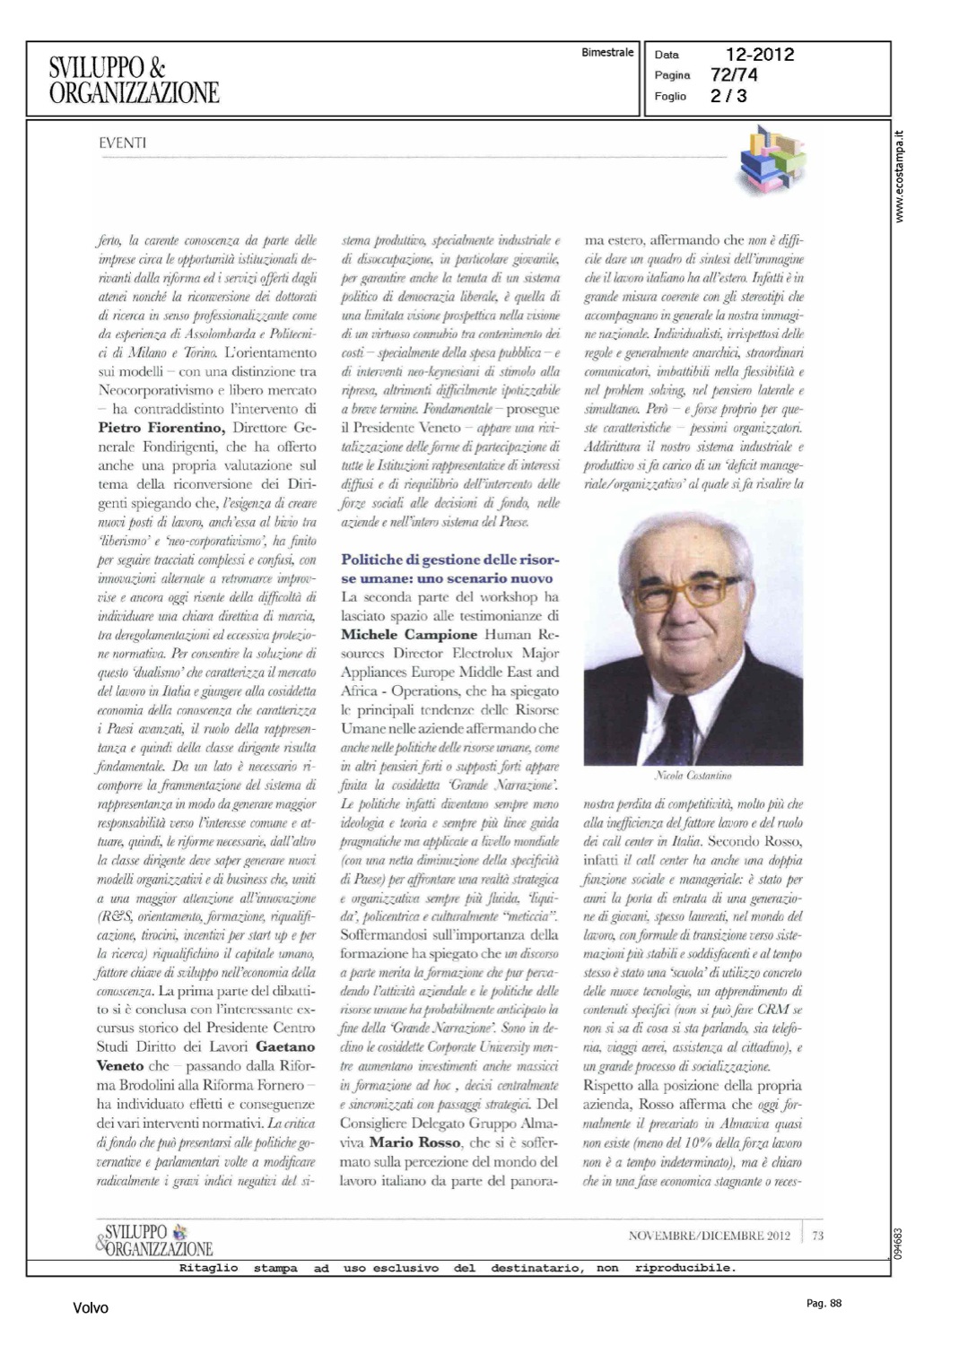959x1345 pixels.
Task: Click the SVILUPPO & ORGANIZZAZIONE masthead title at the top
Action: [x=134, y=79]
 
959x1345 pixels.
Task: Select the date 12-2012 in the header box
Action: [x=760, y=55]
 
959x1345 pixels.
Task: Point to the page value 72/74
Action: [x=733, y=75]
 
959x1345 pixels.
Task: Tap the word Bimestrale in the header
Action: [x=607, y=53]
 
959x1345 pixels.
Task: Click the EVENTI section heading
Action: [x=123, y=143]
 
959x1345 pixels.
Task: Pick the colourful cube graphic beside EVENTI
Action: [x=772, y=162]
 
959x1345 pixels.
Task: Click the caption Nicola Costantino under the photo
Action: [x=693, y=775]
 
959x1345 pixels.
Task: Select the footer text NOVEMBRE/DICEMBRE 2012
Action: [x=709, y=1236]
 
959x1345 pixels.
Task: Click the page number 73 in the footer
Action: [x=817, y=1236]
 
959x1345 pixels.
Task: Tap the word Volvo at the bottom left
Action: [x=91, y=1308]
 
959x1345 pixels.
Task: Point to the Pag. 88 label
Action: [x=824, y=1304]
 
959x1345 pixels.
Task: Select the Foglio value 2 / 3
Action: [x=728, y=96]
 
